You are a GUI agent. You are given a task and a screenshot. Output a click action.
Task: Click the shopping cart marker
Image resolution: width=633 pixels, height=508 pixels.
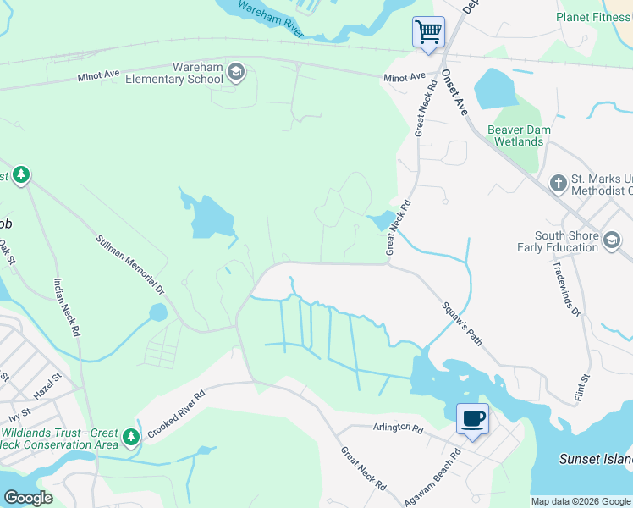[x=428, y=33]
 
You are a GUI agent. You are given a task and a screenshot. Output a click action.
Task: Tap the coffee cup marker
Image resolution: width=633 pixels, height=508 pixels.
[x=472, y=418]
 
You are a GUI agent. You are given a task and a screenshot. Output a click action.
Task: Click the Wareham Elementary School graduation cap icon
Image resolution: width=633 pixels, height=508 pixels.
[x=236, y=73]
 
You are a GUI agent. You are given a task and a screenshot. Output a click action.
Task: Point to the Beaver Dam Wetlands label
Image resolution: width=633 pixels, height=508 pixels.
[x=519, y=135]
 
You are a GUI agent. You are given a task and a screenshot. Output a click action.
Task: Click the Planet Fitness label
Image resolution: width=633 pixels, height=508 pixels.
[x=593, y=17]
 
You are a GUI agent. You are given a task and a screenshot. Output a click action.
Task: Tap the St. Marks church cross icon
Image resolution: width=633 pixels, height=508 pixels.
[x=558, y=183]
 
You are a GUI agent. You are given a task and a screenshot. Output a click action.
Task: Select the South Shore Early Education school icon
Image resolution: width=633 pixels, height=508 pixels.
[x=611, y=241]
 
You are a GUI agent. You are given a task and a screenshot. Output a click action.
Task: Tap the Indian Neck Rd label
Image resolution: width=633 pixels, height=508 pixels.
[x=65, y=308]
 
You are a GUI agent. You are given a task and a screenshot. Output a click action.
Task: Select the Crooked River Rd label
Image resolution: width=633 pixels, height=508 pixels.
[x=176, y=413]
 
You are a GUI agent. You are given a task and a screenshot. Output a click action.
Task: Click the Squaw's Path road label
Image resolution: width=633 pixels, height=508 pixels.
[x=462, y=323]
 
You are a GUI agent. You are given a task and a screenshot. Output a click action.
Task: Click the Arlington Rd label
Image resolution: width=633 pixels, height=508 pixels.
[x=397, y=428]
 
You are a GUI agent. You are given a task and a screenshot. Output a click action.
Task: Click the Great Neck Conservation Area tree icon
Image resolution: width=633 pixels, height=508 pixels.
[x=130, y=438]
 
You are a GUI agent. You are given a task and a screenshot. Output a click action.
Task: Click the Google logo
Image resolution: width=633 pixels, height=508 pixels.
[x=29, y=498]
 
